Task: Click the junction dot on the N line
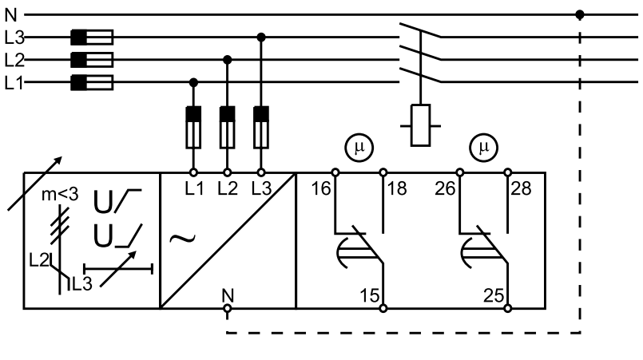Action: tap(579, 14)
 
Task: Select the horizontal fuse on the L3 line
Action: tap(92, 38)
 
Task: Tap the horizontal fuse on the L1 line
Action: tap(92, 82)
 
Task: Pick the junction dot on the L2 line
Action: tap(227, 60)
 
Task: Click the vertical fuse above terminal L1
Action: tap(193, 127)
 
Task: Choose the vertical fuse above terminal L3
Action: tap(261, 127)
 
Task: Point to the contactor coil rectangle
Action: tap(420, 125)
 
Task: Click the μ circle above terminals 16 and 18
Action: tap(359, 147)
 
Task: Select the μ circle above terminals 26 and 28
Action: tap(484, 147)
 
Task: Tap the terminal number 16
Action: tap(320, 188)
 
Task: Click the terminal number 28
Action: tap(521, 188)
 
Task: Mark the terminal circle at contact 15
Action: tap(383, 308)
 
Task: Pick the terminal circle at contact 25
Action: tap(508, 308)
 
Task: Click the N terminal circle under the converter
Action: tap(227, 308)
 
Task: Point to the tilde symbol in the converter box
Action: tap(182, 239)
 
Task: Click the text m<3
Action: tap(60, 196)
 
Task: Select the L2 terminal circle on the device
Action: tap(227, 172)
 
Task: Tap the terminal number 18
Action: tap(396, 188)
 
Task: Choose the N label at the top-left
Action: tap(10, 15)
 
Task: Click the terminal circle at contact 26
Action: tap(460, 172)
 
